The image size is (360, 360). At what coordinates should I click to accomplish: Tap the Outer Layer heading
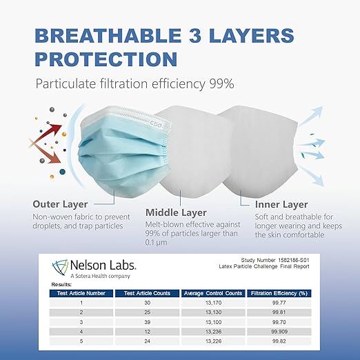tap(63, 203)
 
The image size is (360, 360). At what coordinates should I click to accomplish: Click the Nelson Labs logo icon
tap(61, 266)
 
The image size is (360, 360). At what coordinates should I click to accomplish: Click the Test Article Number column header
tap(83, 292)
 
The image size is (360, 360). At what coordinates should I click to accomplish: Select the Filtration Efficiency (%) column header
tap(279, 292)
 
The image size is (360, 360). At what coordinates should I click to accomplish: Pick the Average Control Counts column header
tap(214, 292)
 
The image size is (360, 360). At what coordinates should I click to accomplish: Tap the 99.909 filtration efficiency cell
tap(279, 330)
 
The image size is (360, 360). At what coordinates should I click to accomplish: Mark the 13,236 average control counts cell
tap(213, 330)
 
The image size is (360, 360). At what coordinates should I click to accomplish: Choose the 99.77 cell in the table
tap(279, 302)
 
